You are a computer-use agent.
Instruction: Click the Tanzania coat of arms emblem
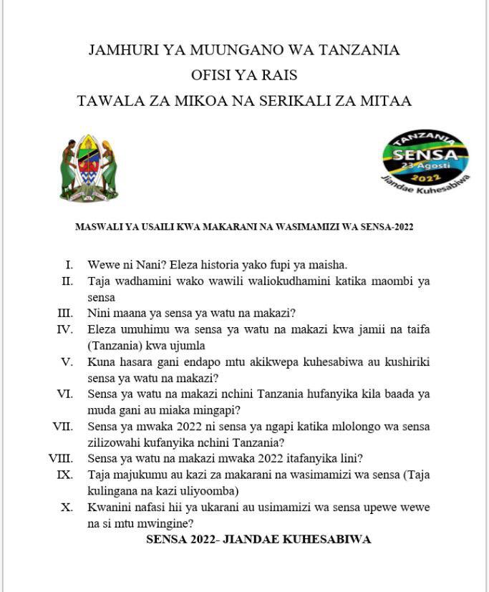89,168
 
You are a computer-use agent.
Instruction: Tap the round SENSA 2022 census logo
425,161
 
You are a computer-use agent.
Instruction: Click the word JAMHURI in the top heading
117,50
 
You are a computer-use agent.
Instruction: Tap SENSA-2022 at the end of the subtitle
386,227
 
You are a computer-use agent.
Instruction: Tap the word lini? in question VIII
348,458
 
